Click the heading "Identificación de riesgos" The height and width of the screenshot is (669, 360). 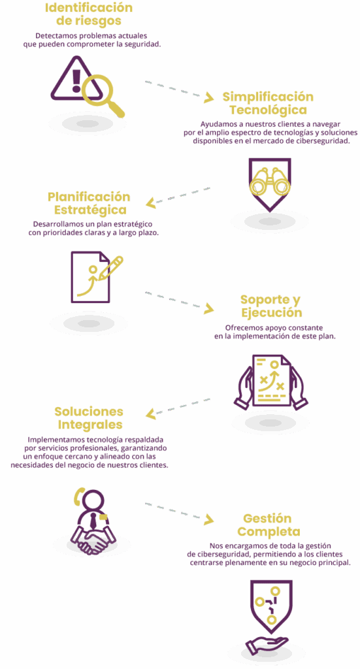click(x=89, y=14)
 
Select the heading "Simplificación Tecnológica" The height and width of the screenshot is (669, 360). click(x=268, y=103)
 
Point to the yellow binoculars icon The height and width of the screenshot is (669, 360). click(x=270, y=184)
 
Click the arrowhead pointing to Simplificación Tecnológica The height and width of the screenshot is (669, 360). click(x=208, y=98)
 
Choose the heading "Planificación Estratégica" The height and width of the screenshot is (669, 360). click(x=89, y=203)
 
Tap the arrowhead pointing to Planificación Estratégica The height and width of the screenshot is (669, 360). click(x=151, y=203)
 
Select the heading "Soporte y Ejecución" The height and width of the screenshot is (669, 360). click(x=271, y=306)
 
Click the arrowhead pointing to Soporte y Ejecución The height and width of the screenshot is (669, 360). click(x=208, y=308)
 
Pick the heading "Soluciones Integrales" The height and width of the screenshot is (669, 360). click(x=89, y=418)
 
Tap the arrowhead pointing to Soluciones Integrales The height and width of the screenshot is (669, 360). click(x=151, y=414)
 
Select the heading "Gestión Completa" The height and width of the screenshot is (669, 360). click(x=269, y=525)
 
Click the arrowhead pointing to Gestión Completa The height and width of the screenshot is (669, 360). click(x=208, y=519)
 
